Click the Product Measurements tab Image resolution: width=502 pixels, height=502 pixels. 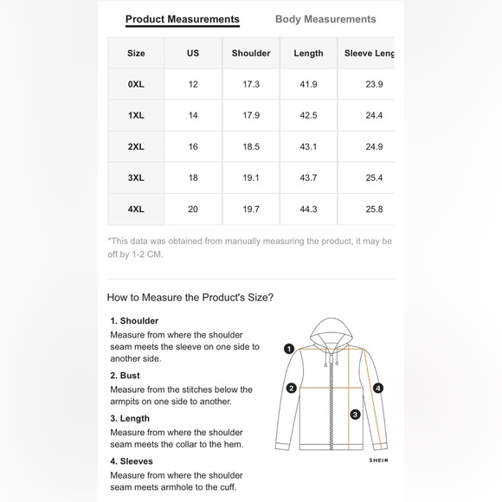pyautogui.click(x=183, y=19)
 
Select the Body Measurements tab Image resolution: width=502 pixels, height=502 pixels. pyautogui.click(x=325, y=19)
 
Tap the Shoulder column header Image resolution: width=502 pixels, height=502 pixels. pyautogui.click(x=251, y=53)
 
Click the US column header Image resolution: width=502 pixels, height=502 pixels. pyautogui.click(x=193, y=53)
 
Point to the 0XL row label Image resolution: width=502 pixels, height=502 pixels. pyautogui.click(x=136, y=84)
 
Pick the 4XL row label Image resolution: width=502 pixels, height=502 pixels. pyautogui.click(x=136, y=209)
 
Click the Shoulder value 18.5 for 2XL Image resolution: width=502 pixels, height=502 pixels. pyautogui.click(x=251, y=146)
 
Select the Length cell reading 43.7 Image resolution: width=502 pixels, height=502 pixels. pyautogui.click(x=308, y=177)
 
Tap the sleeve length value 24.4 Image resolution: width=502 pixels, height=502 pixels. pyautogui.click(x=374, y=115)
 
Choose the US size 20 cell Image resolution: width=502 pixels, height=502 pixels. pyautogui.click(x=193, y=209)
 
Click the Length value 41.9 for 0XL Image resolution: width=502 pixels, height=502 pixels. pyautogui.click(x=308, y=84)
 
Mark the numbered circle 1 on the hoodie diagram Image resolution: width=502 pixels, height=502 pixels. pyautogui.click(x=289, y=349)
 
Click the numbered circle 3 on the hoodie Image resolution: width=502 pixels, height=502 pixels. pyautogui.click(x=355, y=415)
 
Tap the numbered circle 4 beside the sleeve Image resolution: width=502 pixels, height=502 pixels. pyautogui.click(x=378, y=389)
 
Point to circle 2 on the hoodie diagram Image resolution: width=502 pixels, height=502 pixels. pyautogui.click(x=292, y=389)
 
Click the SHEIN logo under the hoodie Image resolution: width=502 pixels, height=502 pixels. pyautogui.click(x=379, y=460)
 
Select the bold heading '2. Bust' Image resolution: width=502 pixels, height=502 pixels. pyautogui.click(x=125, y=376)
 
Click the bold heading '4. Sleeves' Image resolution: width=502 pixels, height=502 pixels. pyautogui.click(x=132, y=461)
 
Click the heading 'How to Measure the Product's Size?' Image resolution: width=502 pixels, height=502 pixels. pyautogui.click(x=190, y=298)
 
